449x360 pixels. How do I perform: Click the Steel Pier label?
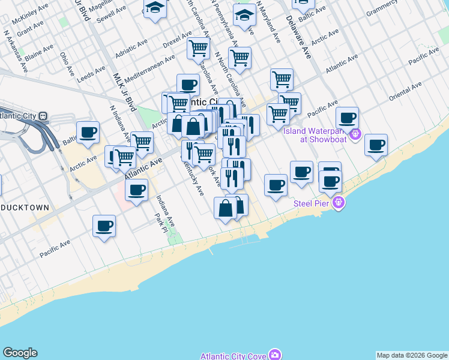click(x=312, y=203)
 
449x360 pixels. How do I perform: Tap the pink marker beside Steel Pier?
click(x=339, y=203)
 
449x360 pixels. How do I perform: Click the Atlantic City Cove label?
click(x=233, y=356)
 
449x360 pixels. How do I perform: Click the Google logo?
click(x=20, y=353)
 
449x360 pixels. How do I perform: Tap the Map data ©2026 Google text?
click(x=411, y=355)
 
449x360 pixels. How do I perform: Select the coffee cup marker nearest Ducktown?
click(x=104, y=226)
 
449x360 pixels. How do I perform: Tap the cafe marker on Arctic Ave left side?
click(x=88, y=132)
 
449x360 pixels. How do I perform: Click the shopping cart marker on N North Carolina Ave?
click(x=240, y=58)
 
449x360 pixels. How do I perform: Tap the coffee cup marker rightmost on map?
click(x=376, y=145)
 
